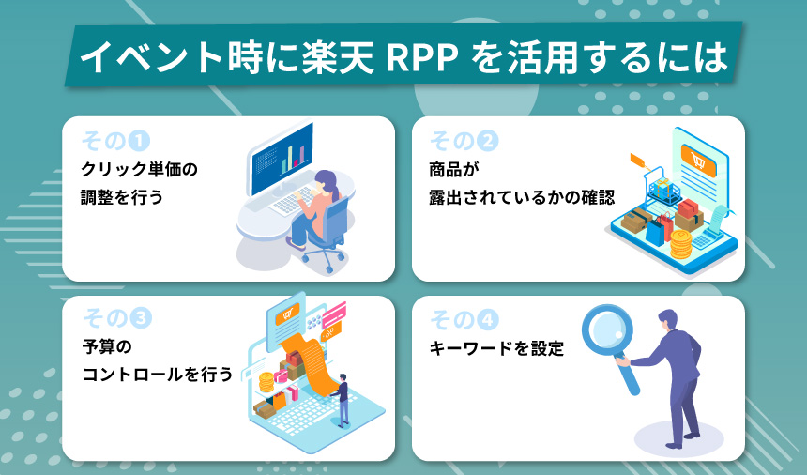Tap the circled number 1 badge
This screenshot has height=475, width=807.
tap(139, 142)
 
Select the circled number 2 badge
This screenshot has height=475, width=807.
tap(487, 142)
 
